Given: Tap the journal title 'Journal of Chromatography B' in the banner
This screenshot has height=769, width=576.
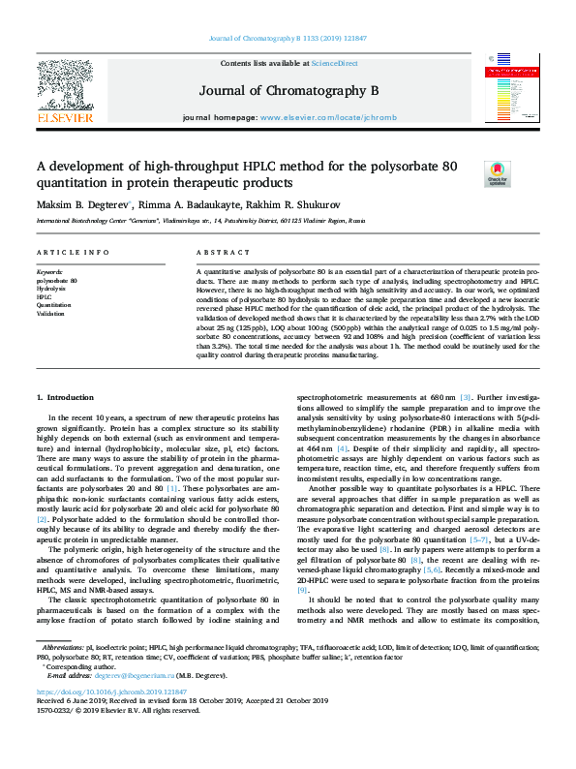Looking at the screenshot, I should (288, 91).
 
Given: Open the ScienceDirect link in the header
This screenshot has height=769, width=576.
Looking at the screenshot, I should (334, 63).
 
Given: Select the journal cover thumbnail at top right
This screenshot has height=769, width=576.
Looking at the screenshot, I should (504, 88).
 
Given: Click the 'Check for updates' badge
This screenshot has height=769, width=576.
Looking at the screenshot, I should (497, 173).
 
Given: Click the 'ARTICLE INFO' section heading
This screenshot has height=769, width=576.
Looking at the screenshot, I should (72, 253).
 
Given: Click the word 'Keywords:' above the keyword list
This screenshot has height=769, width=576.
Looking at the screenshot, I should (51, 272).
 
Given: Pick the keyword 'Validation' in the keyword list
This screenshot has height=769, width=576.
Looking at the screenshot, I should (52, 314).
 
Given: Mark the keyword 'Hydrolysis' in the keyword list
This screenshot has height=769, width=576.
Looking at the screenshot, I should (52, 289).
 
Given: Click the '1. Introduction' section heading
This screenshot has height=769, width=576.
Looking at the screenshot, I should (66, 398).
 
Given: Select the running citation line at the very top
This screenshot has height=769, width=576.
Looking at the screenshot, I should (288, 39).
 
